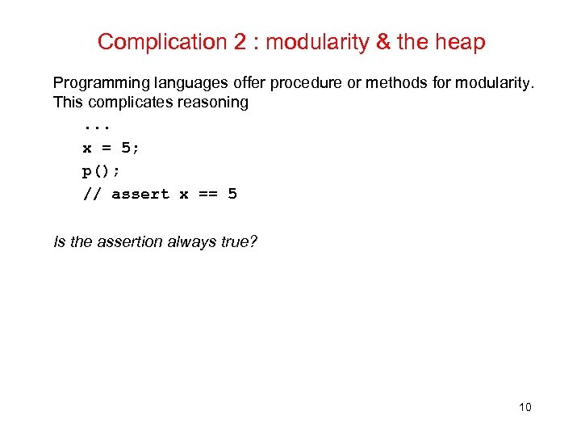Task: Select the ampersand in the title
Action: coord(384,42)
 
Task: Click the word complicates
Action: coord(124,103)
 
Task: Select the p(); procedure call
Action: coord(101,171)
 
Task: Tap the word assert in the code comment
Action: coord(140,194)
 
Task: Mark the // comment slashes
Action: coord(91,194)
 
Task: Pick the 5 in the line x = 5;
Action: coord(126,149)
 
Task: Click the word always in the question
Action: coord(192,241)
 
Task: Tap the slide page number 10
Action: coord(525,407)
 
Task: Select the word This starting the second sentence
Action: coord(68,103)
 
